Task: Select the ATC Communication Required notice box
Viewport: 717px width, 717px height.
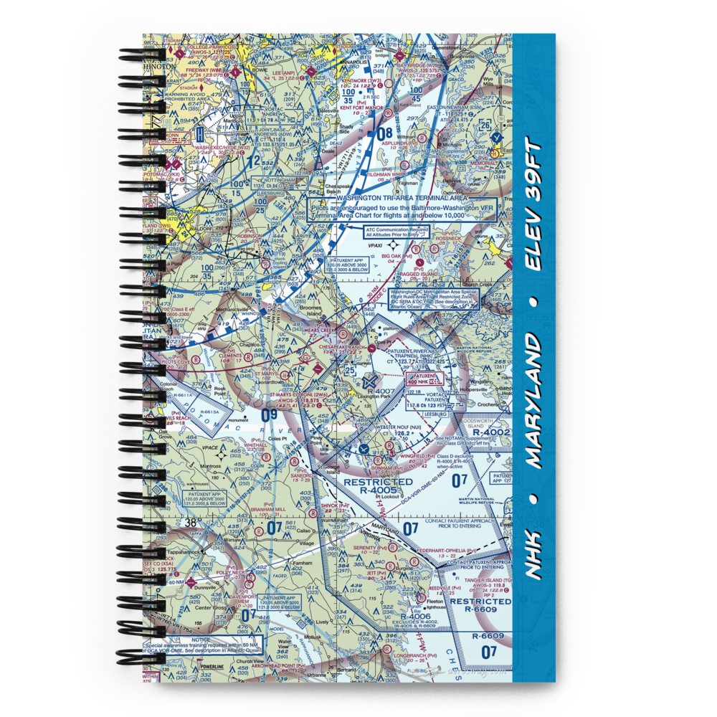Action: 397,231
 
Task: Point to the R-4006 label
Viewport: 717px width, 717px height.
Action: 414,616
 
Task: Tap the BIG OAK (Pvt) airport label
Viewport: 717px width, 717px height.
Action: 397,255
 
